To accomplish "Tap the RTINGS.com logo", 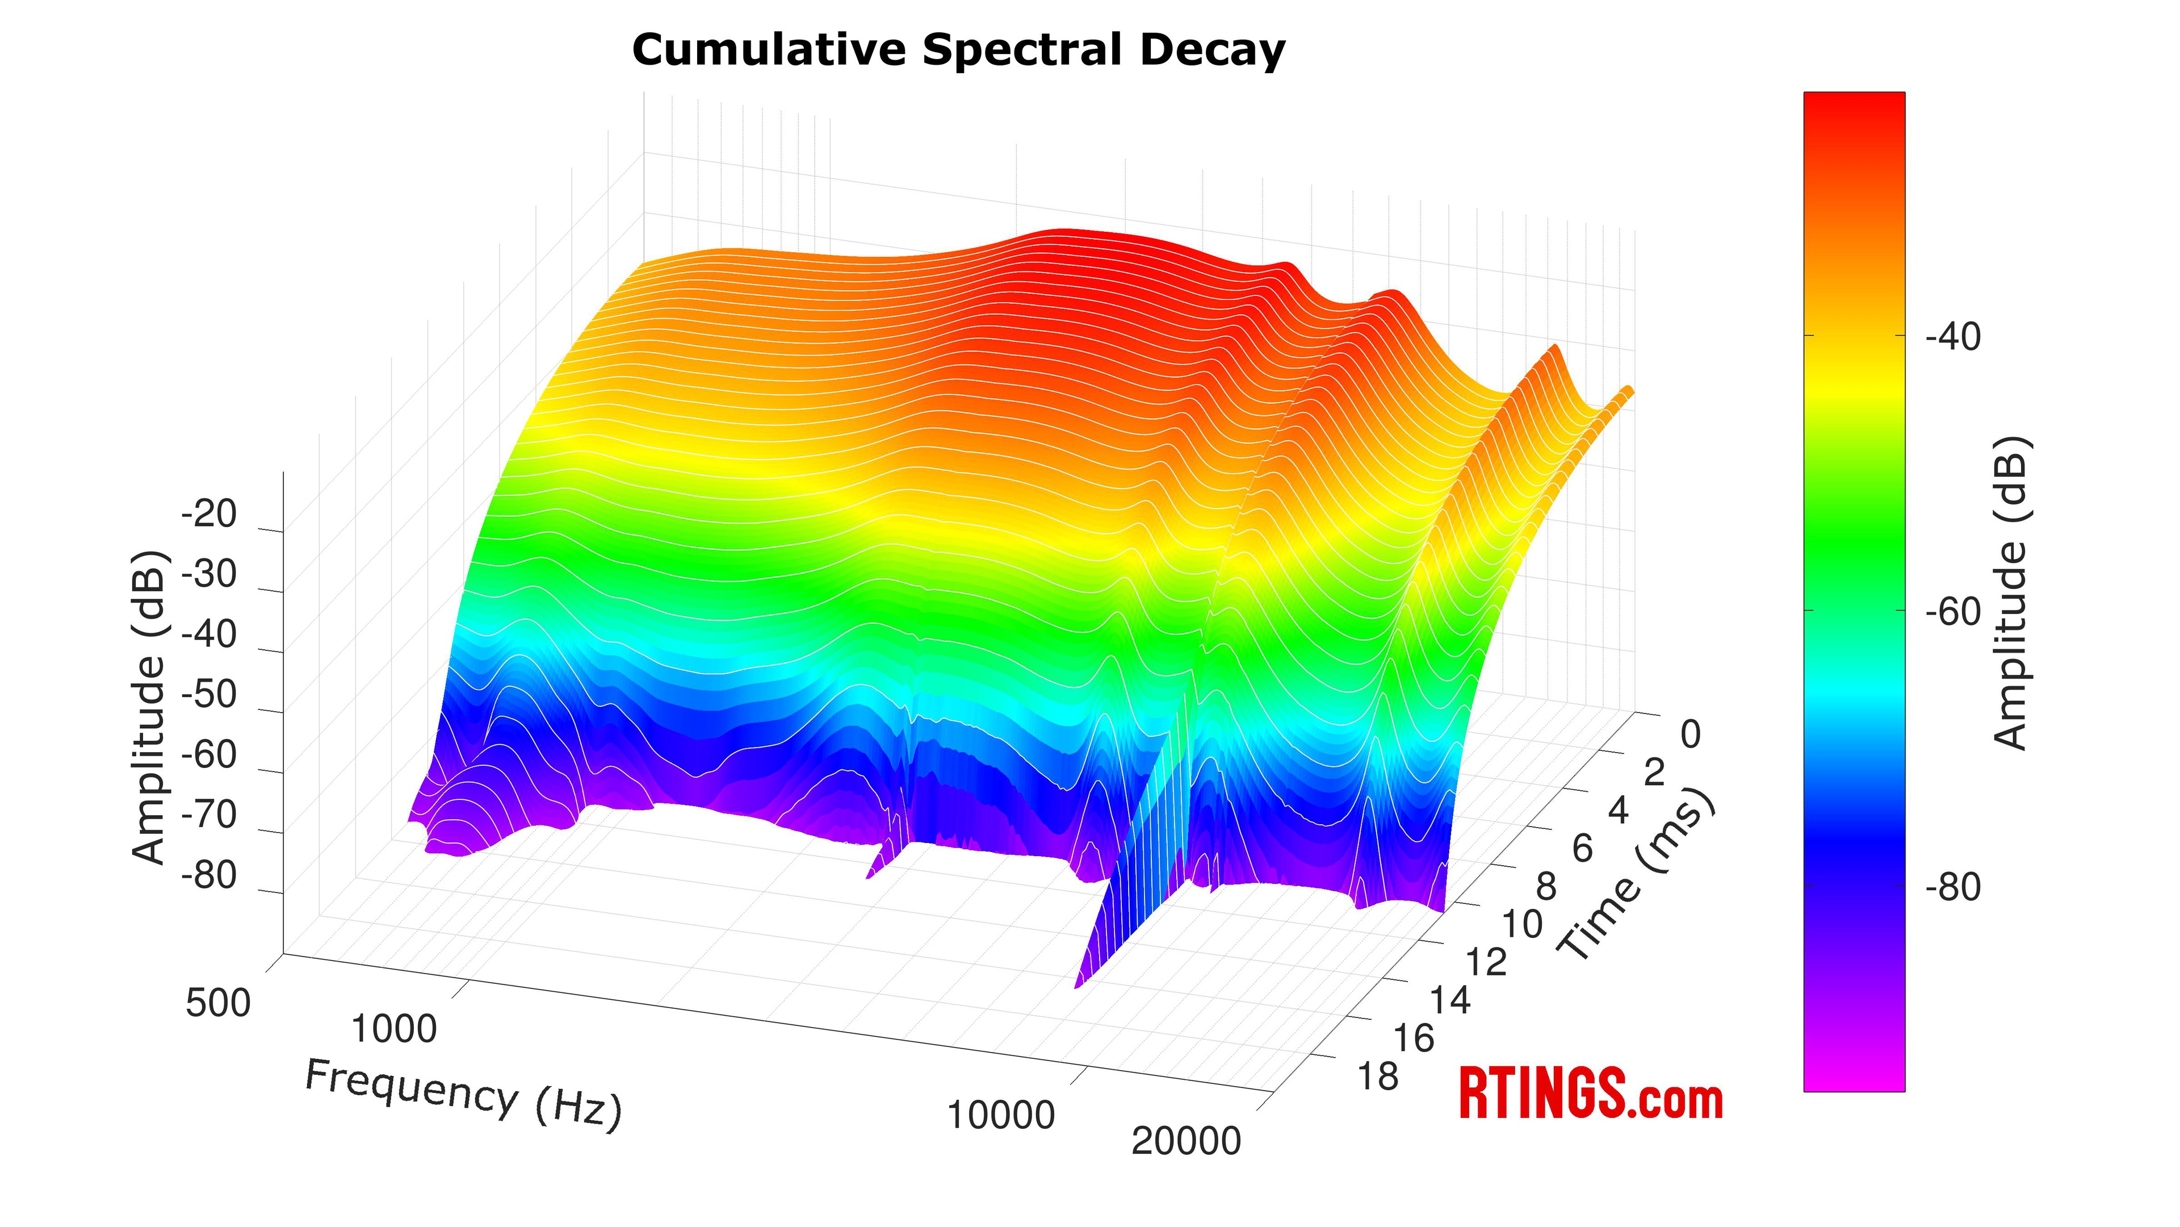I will tap(1591, 1094).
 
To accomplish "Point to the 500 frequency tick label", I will tap(219, 1003).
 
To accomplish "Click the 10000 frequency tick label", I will tap(1001, 1115).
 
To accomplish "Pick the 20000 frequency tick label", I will tap(1185, 1141).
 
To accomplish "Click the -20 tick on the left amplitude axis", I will tap(209, 514).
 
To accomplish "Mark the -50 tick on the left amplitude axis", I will tap(209, 694).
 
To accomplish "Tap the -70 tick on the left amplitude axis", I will tap(209, 815).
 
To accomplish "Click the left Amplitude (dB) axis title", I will tap(150, 707).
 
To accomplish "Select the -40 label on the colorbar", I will tap(1953, 337).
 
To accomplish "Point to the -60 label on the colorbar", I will tap(1953, 611).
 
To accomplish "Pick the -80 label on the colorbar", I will tap(1953, 887).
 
